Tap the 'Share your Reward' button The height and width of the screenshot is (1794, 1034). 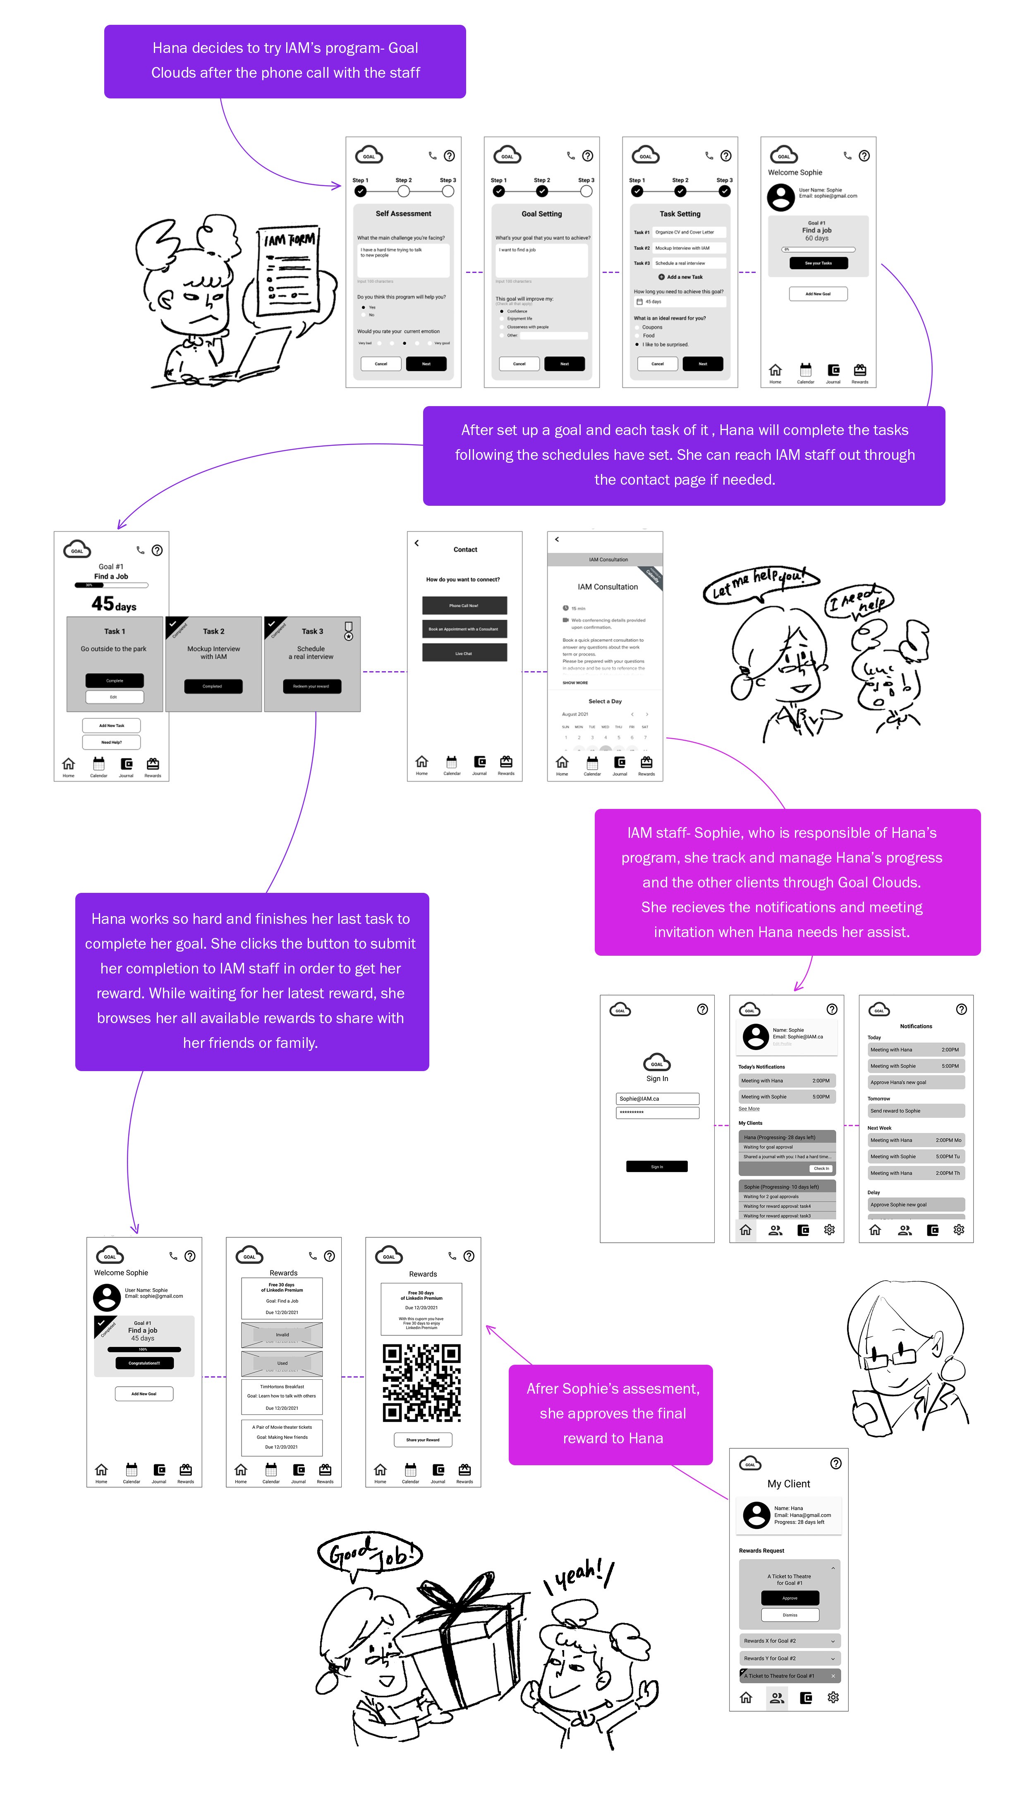[x=423, y=1440]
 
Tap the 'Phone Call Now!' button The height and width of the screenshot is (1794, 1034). [x=464, y=605]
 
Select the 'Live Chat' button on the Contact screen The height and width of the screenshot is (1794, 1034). [x=464, y=653]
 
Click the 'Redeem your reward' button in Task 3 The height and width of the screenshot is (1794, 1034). [x=312, y=687]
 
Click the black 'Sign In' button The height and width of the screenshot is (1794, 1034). [x=657, y=1166]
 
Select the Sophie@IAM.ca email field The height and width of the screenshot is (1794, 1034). [x=657, y=1099]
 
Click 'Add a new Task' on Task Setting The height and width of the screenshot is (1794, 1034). [x=680, y=277]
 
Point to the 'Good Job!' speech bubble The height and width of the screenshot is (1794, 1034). [x=369, y=1555]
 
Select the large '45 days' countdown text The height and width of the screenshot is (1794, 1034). [x=114, y=604]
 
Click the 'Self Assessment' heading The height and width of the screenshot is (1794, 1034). [x=403, y=214]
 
